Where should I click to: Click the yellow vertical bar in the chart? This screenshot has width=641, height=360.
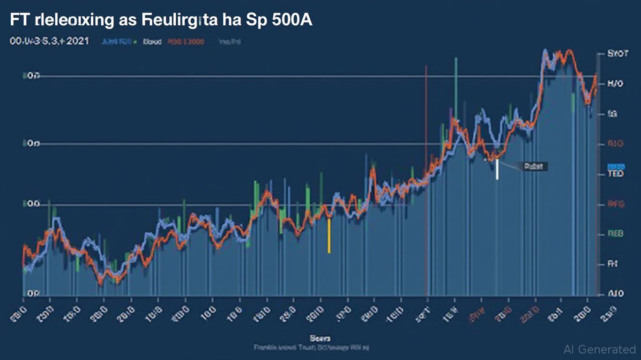tap(329, 235)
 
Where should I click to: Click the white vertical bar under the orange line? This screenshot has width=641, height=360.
tap(497, 170)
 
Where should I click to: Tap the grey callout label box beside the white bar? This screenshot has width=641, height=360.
tap(532, 166)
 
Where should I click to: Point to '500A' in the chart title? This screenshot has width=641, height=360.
tap(292, 22)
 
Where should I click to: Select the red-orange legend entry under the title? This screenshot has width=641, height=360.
tap(186, 42)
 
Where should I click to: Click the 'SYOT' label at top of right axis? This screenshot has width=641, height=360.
tap(617, 54)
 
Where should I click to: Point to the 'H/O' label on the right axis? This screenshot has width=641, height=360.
tap(615, 84)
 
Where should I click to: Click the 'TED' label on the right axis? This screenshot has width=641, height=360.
tap(615, 174)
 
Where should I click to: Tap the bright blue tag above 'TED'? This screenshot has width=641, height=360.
tap(616, 166)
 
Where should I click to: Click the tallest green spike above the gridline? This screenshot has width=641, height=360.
tap(455, 75)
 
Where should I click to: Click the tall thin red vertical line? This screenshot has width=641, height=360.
tap(426, 178)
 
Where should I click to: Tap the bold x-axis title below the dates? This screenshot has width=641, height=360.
tap(320, 338)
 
